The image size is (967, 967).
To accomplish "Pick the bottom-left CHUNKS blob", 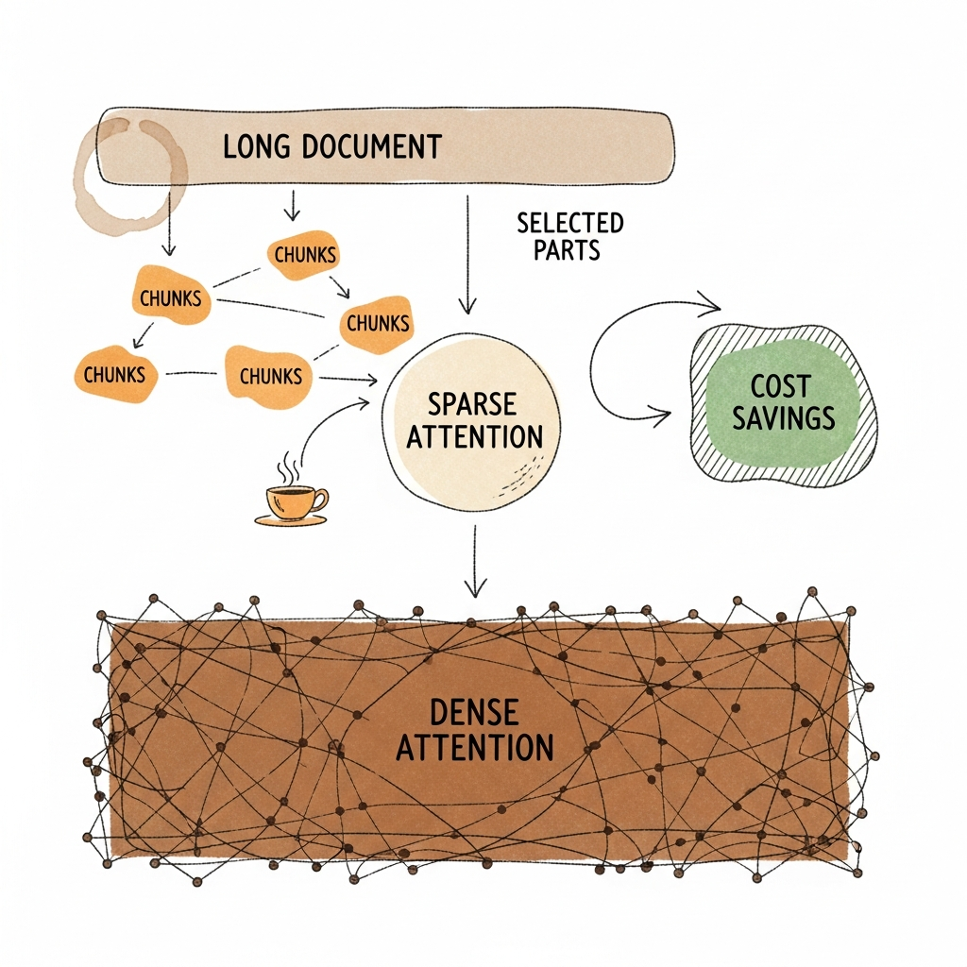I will pos(114,374).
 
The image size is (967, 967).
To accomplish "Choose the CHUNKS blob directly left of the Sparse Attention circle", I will pos(270,375).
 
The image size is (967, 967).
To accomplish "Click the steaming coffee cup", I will pos(294,500).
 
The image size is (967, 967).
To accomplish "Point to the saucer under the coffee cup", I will pos(291,519).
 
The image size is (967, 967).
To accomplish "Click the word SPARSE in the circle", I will pos(472,404).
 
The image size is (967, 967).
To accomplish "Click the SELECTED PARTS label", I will pos(569,236).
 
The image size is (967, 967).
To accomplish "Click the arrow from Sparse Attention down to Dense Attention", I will pos(475,562).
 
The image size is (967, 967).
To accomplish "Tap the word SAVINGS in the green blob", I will pos(784,417).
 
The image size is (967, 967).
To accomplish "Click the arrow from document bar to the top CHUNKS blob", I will pos(293,204).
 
